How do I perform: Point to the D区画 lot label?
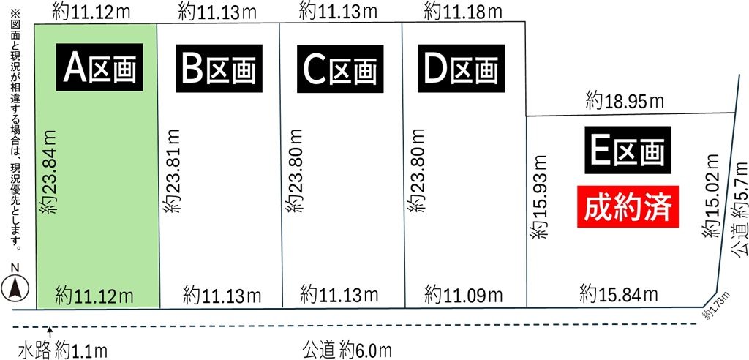pyautogui.click(x=461, y=70)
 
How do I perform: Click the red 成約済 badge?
pyautogui.click(x=630, y=208)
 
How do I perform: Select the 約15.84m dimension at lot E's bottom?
pyautogui.click(x=618, y=295)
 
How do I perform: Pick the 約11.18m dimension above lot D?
pyautogui.click(x=463, y=11)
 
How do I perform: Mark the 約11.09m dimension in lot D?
pyautogui.click(x=463, y=296)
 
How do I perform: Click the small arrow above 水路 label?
pyautogui.click(x=48, y=334)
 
